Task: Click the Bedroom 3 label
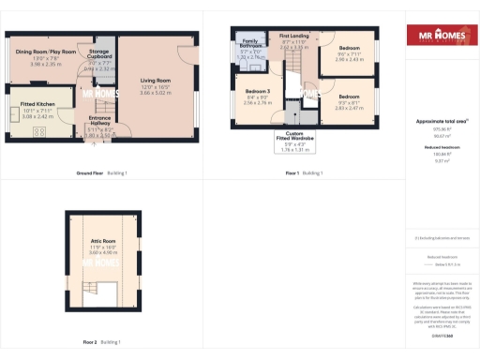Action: click(x=257, y=94)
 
